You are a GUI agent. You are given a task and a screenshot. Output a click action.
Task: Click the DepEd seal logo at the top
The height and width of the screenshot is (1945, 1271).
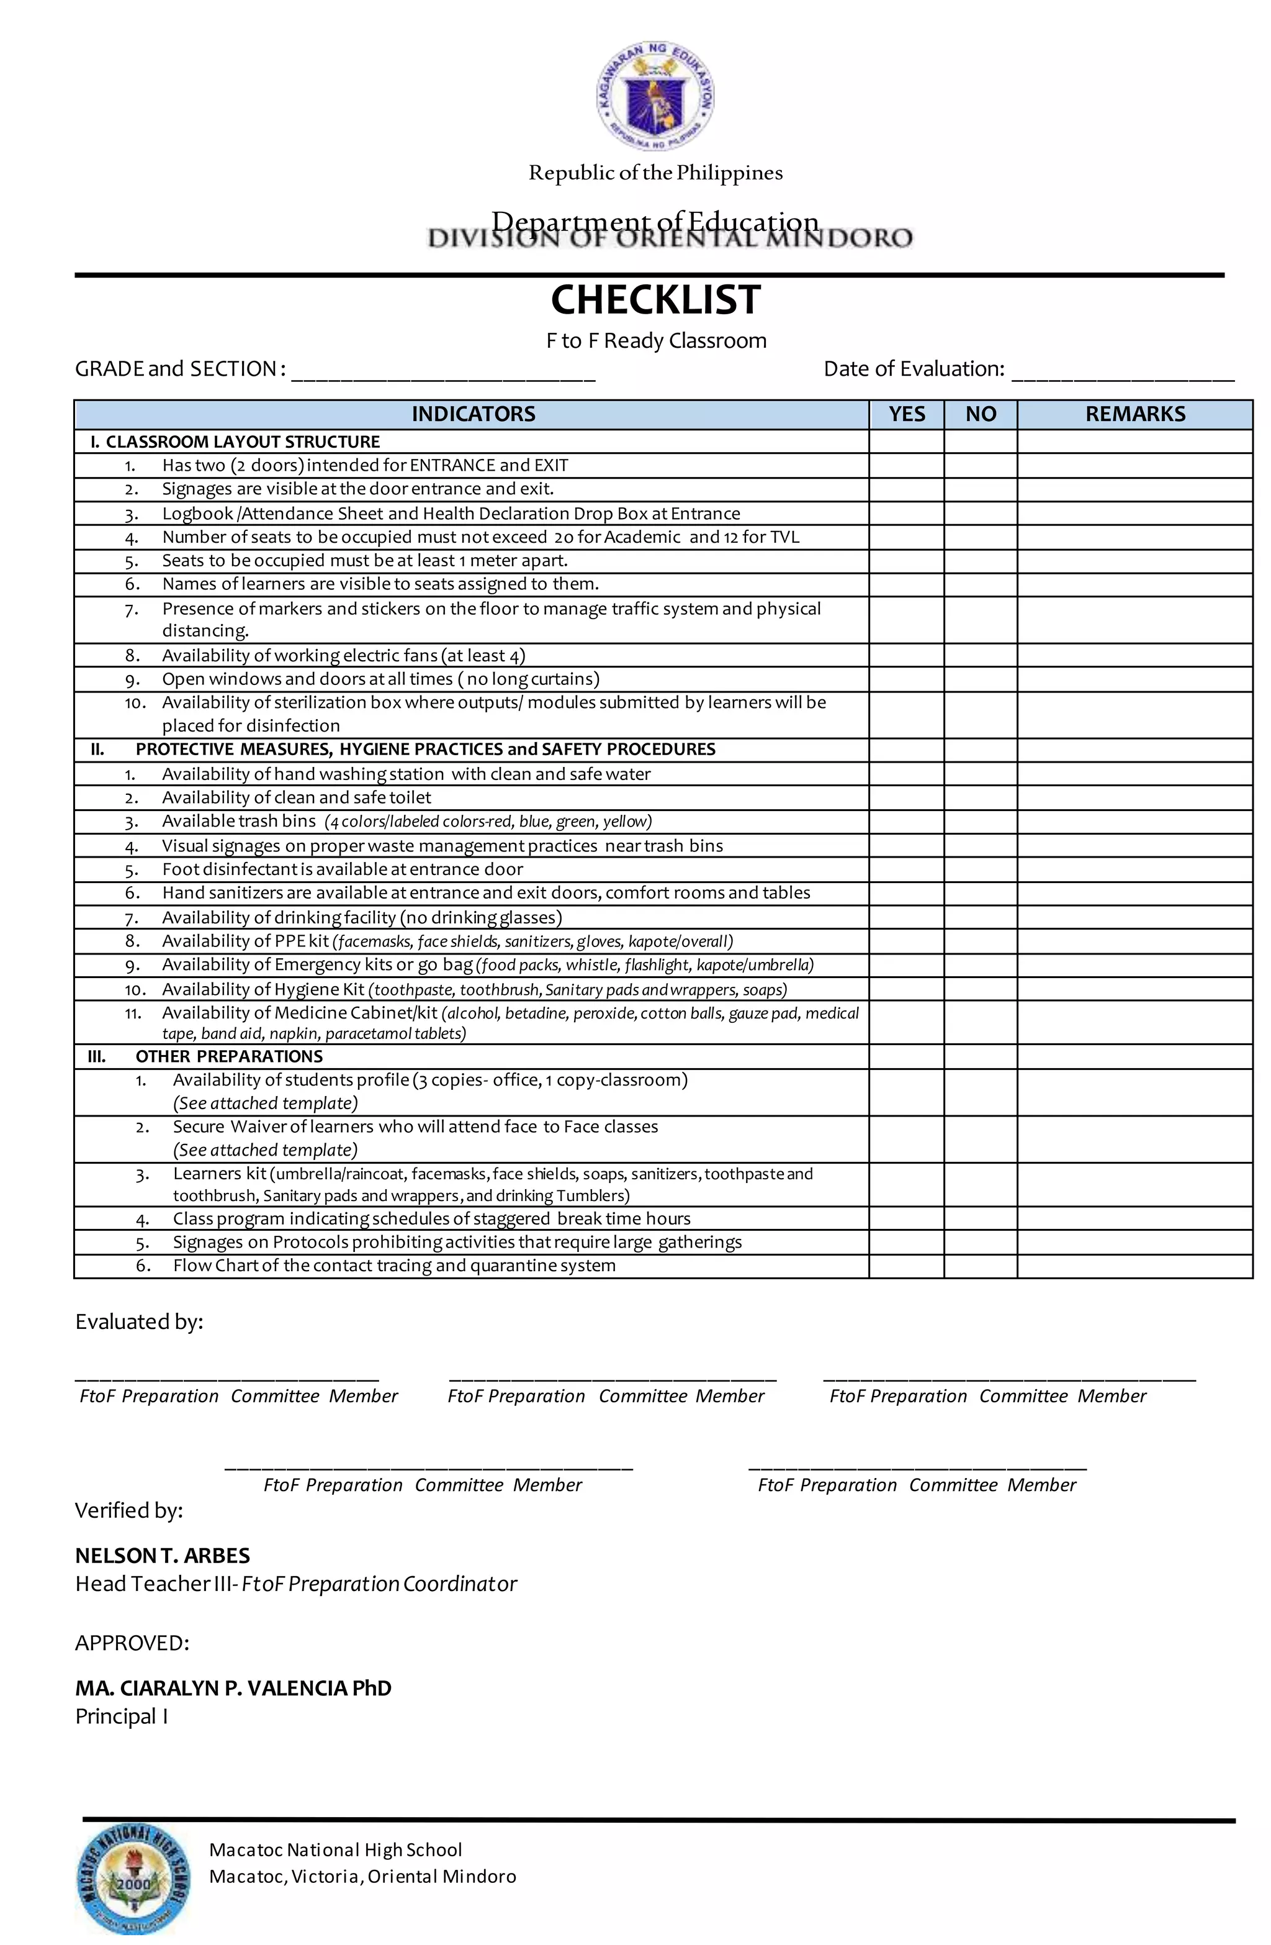coord(655,97)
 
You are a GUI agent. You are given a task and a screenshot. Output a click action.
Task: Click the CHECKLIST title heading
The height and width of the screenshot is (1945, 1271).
coord(655,299)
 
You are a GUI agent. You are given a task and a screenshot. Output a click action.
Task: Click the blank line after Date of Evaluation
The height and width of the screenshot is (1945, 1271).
coord(1122,372)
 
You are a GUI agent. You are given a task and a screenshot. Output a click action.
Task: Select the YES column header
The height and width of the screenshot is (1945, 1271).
coord(906,414)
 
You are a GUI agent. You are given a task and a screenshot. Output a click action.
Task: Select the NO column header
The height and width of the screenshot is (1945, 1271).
coord(980,414)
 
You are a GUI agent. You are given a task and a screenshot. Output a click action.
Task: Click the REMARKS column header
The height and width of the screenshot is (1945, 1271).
coord(1134,414)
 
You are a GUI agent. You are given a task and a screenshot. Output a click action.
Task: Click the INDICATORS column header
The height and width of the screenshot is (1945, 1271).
coord(473,414)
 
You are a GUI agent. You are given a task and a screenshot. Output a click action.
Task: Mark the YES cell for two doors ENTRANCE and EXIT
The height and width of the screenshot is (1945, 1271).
coord(906,466)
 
